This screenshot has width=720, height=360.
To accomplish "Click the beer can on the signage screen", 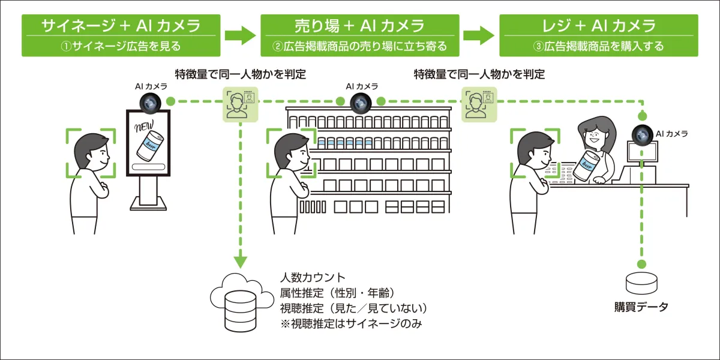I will point(148,148).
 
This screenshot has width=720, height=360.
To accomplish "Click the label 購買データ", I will point(641,307).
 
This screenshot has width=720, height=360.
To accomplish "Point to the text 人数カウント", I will point(313,278).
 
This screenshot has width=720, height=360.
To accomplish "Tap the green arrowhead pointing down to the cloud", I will point(240,262).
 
